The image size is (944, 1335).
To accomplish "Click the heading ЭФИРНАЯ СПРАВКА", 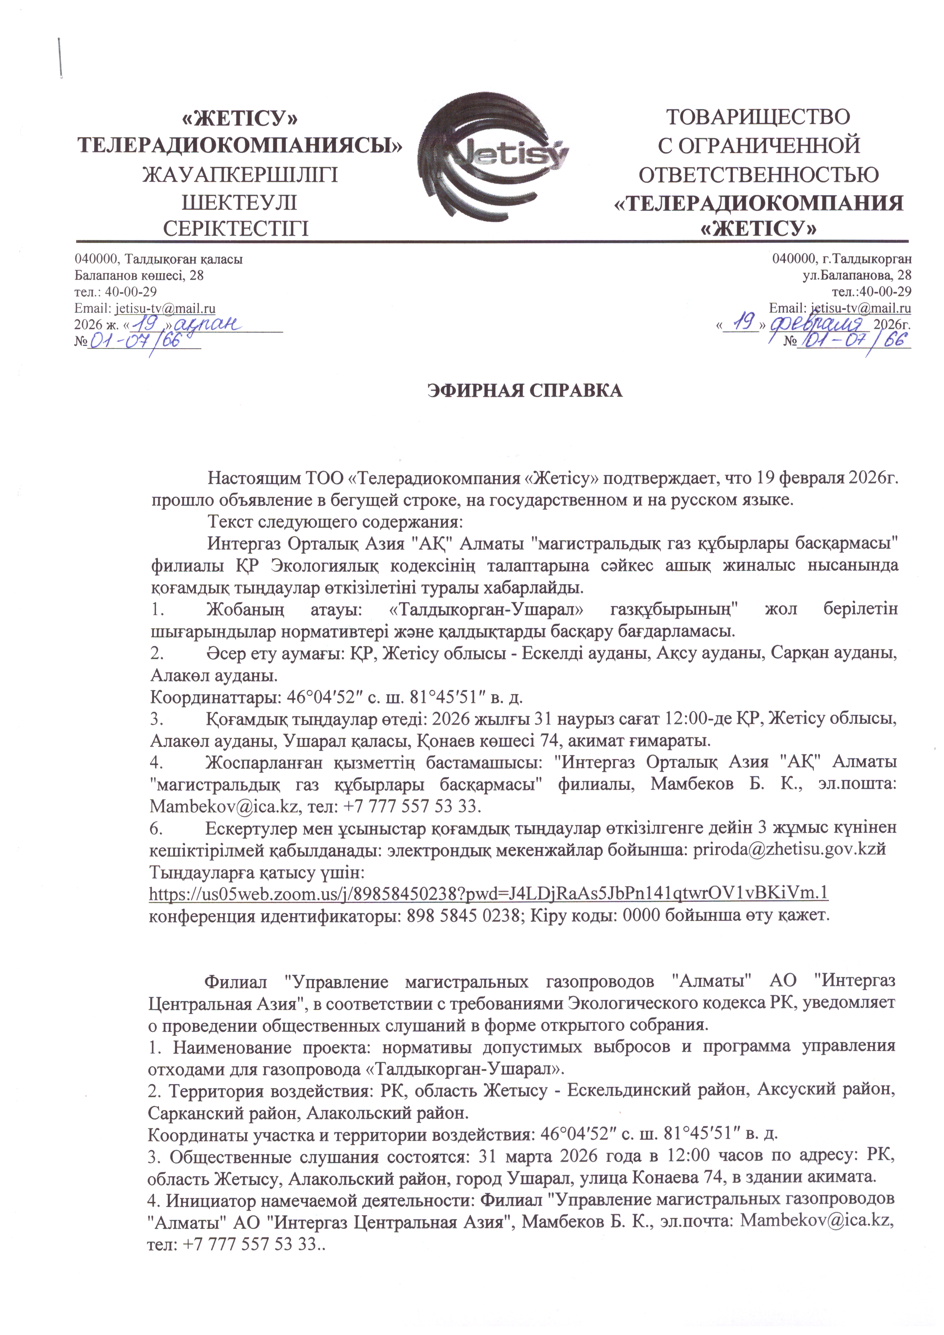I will [525, 391].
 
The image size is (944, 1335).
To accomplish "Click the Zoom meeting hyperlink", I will [488, 893].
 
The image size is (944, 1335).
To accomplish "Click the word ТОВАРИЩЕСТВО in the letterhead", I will [758, 117].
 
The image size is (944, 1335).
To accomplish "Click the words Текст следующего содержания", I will [335, 521].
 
